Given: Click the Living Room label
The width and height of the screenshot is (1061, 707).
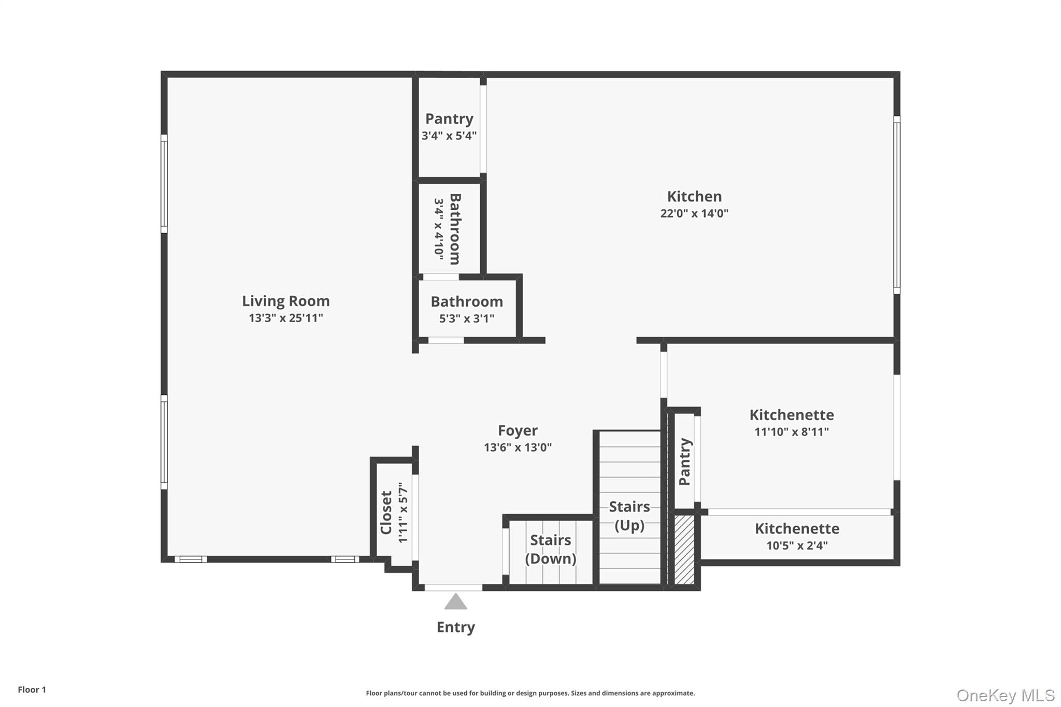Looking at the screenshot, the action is click(x=285, y=301).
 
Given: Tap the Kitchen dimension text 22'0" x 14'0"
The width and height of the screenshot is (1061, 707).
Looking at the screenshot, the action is click(x=694, y=213).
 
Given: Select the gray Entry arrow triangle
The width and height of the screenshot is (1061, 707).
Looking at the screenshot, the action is click(x=455, y=601).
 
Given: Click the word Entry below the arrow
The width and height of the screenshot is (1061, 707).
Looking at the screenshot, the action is click(x=456, y=627).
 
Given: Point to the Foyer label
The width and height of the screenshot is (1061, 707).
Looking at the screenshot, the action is click(x=518, y=430).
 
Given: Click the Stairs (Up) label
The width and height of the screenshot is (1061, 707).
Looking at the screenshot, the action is click(x=629, y=516).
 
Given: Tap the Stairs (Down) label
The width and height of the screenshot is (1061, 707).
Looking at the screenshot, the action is click(x=551, y=549).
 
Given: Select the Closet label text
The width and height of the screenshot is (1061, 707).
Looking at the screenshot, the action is click(x=386, y=513).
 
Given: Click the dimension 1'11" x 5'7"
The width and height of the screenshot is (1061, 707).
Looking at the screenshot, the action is click(x=403, y=513).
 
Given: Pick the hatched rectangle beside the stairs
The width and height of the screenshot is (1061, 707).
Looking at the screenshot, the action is click(x=684, y=550).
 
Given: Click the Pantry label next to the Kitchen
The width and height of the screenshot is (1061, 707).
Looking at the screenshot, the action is click(x=449, y=119).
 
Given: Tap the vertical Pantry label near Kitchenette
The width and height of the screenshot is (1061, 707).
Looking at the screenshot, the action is click(x=685, y=461).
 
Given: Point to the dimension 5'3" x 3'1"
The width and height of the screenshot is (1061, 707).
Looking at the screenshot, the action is click(x=467, y=319).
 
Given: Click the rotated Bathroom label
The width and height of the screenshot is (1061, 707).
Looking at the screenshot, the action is click(x=455, y=229).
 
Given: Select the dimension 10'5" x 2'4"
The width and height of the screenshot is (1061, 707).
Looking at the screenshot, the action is click(x=797, y=545).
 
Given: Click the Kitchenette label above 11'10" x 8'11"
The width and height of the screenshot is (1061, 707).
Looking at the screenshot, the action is click(x=792, y=415).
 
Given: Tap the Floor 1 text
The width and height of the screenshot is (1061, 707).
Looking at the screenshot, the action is click(x=32, y=690).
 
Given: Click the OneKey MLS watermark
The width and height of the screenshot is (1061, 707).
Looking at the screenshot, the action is click(x=1006, y=695).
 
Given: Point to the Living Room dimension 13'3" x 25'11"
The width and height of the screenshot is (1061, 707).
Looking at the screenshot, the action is click(x=286, y=318).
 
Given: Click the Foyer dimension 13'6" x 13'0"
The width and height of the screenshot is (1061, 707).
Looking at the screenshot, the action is click(x=518, y=448).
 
